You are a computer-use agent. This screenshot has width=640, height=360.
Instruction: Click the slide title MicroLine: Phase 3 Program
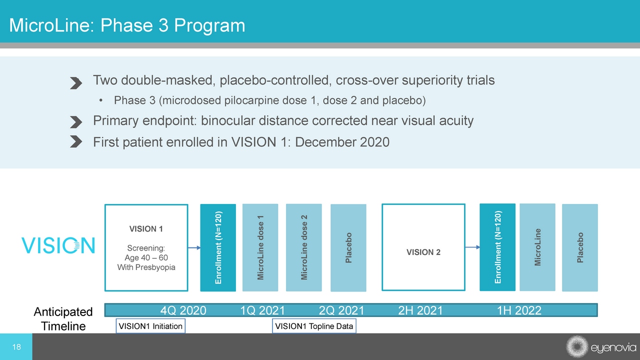pos(127,25)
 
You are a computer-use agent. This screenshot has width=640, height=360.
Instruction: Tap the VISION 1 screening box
pos(146,247)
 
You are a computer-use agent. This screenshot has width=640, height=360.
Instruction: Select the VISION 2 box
pos(423,247)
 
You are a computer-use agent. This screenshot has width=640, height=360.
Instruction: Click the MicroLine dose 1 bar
pos(260,247)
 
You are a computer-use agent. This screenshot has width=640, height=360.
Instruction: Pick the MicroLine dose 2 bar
pos(303,247)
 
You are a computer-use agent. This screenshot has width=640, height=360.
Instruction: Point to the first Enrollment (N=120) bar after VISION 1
pos(218,247)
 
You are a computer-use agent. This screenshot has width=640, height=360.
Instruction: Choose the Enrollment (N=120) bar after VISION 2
pos(497,247)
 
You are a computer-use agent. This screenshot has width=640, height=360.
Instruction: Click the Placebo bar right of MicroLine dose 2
pos(348,247)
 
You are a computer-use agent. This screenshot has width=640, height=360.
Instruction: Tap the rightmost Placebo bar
pos(579,247)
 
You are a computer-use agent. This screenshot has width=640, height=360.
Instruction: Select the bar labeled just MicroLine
pos(537,247)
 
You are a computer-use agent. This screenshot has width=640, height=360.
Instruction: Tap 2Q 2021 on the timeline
pos(341,310)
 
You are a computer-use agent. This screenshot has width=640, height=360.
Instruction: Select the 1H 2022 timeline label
pos(519,310)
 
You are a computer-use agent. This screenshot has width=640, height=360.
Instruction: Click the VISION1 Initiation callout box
pos(150,326)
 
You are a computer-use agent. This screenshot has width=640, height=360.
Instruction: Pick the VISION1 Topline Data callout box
pos(314,326)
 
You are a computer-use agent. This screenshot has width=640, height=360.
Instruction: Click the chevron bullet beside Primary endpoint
pos(75,122)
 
